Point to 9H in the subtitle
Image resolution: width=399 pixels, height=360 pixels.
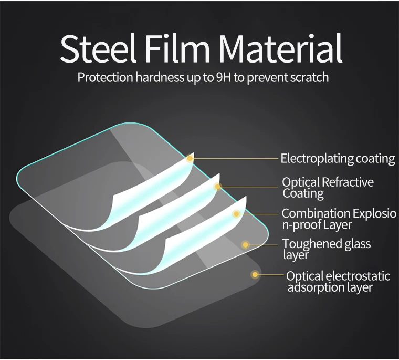pyautogui.click(x=222, y=78)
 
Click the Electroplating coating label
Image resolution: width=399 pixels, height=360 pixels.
pyautogui.click(x=338, y=158)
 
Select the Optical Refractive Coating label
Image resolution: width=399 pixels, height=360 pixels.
pyautogui.click(x=328, y=188)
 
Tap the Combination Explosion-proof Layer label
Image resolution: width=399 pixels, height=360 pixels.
pyautogui.click(x=339, y=219)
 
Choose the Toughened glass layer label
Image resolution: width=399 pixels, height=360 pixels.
pyautogui.click(x=326, y=249)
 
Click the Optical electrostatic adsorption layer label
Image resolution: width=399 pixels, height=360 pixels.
pyautogui.click(x=338, y=281)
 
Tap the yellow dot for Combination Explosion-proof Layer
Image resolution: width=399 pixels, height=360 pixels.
pyautogui.click(x=237, y=214)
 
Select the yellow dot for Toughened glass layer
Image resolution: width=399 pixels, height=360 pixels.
pyautogui.click(x=245, y=244)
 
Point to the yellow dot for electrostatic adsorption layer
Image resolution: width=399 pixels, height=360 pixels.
pyautogui.click(x=255, y=274)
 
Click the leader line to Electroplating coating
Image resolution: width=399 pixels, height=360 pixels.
pyautogui.click(x=236, y=158)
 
